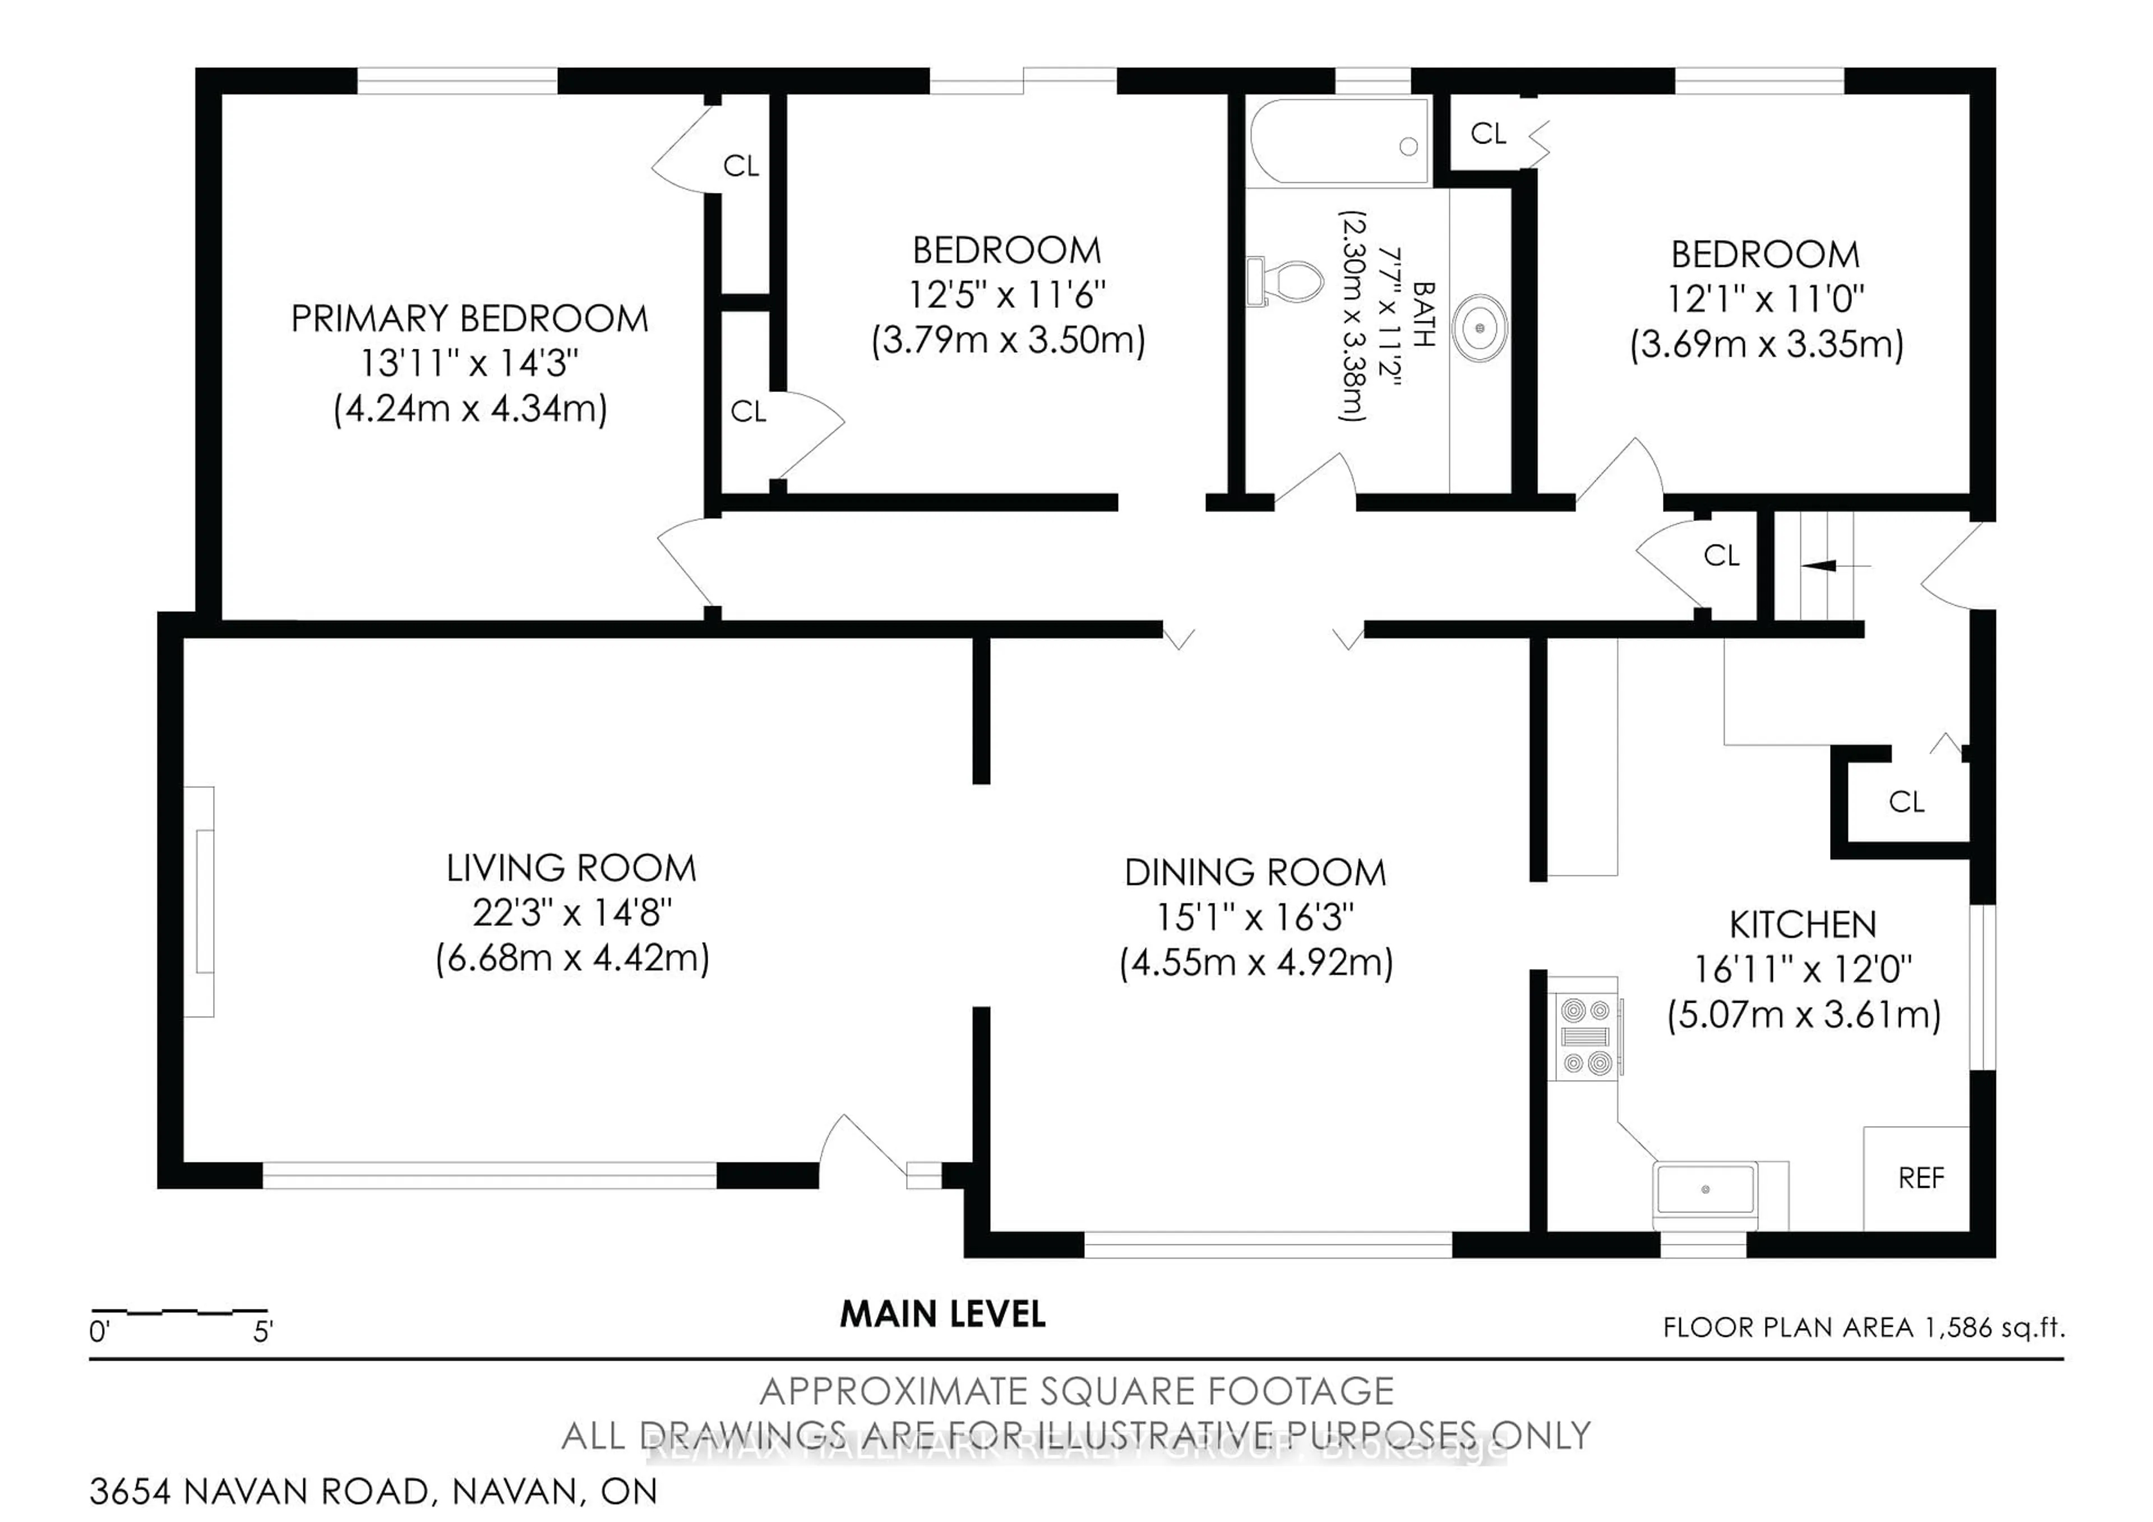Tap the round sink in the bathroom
coord(1480,328)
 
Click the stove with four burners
coord(1584,1037)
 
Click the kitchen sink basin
coord(1705,1189)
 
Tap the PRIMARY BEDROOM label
coord(469,319)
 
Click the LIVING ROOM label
coord(571,868)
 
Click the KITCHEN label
coord(1802,925)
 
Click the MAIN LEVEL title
coord(942,1315)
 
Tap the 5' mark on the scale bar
coord(262,1332)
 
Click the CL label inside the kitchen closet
coord(1905,802)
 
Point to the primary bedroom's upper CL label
coord(741,166)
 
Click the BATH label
coord(1422,315)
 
